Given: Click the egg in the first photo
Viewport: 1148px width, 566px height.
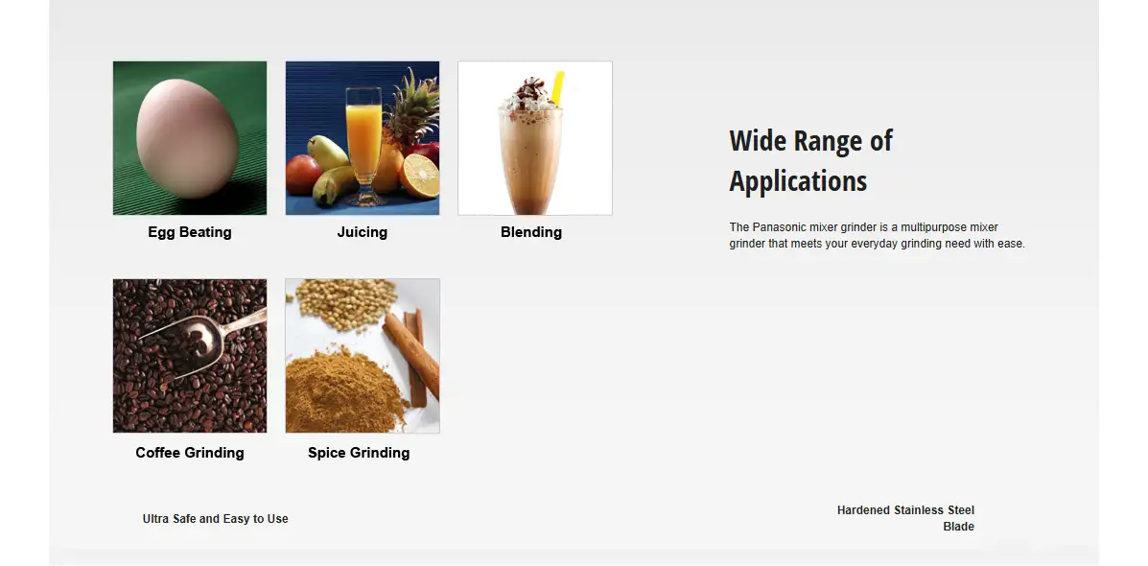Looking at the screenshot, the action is tap(187, 138).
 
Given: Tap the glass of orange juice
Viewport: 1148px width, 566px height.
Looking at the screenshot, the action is tap(363, 147).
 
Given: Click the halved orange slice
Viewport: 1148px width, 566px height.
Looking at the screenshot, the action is tap(419, 177).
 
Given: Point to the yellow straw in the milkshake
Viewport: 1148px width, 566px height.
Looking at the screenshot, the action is tap(558, 88).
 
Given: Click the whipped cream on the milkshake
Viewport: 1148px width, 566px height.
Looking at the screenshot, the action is tap(529, 95).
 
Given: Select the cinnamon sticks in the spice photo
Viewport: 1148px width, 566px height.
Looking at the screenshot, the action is tap(412, 356).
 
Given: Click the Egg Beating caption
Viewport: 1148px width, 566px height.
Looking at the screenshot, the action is tap(190, 232).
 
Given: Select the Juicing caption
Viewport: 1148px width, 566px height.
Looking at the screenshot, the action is tap(363, 232).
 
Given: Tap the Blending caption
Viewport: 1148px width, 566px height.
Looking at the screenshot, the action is tap(531, 232).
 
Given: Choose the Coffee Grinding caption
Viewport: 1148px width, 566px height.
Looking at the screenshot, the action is tap(190, 453).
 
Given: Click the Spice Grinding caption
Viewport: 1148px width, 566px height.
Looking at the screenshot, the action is tap(359, 453).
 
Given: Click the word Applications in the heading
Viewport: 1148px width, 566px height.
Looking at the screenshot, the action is tap(798, 181).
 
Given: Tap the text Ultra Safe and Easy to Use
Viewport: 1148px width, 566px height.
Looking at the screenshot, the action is tap(215, 518).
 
